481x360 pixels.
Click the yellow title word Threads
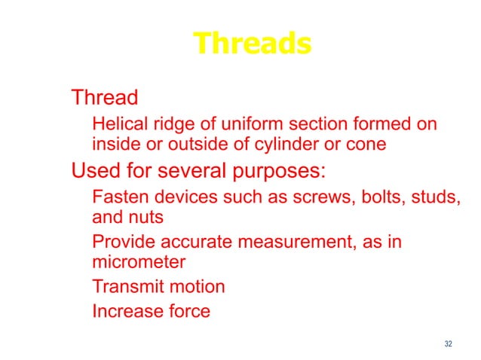252,44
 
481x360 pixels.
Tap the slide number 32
449,344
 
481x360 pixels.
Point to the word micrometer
138,264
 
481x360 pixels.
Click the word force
185,310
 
